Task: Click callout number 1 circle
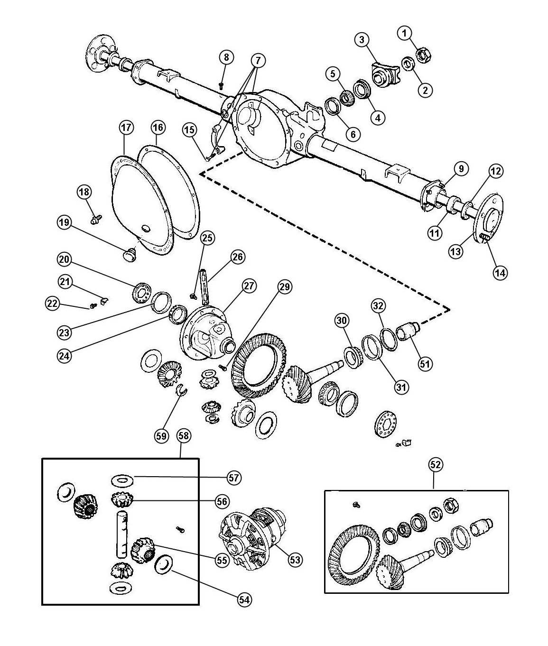(x=404, y=33)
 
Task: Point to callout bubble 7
(x=259, y=61)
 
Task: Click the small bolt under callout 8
(x=222, y=85)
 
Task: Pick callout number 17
(x=127, y=128)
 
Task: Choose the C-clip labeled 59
(x=181, y=390)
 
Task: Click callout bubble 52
(x=436, y=465)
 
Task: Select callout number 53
(x=295, y=560)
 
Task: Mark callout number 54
(x=244, y=599)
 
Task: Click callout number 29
(x=286, y=286)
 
